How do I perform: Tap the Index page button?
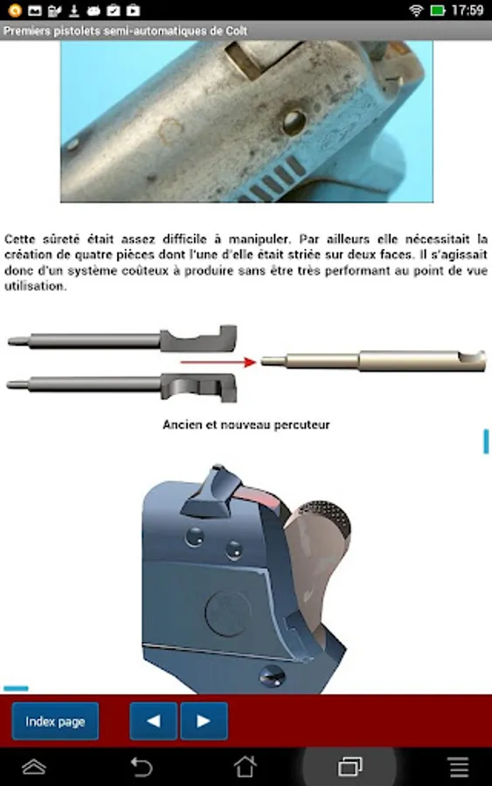point(55,721)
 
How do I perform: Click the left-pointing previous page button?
point(154,721)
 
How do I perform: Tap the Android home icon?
point(246,767)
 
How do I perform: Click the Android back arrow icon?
point(142,767)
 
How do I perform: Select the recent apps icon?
point(350,767)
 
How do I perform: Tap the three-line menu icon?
point(459,767)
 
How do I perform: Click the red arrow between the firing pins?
point(218,362)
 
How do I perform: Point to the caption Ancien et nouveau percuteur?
point(246,425)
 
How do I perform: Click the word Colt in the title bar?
point(236,31)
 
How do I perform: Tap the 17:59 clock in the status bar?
point(468,10)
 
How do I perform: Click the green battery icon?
point(438,10)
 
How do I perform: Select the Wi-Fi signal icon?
point(416,10)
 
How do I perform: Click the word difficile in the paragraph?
point(184,239)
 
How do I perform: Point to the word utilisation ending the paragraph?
point(34,286)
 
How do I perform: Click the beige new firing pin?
point(374,361)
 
